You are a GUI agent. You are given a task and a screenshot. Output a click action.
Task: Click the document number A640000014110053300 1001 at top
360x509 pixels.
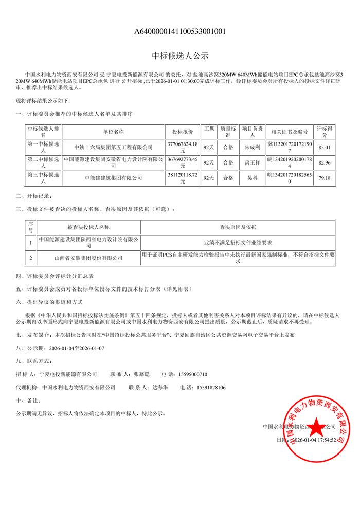click(180, 32)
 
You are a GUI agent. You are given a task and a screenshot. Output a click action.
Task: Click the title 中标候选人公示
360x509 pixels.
click(180, 56)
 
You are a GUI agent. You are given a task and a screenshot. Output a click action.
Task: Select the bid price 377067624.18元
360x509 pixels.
click(183, 147)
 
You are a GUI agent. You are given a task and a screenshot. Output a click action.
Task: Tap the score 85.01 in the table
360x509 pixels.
click(325, 147)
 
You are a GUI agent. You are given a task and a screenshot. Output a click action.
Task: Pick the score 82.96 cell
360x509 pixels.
click(325, 162)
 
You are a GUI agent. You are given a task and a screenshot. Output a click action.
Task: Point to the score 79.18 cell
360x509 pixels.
click(325, 178)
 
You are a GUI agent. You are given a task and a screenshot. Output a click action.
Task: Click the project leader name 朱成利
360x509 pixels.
click(253, 147)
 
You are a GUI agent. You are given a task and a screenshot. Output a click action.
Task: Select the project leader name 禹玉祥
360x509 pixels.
click(253, 162)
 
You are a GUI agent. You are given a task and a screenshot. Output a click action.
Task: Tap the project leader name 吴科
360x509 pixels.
click(253, 178)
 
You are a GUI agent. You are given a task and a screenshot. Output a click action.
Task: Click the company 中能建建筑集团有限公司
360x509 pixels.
click(113, 178)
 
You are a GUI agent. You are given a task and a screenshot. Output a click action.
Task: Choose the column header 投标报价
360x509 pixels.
click(183, 132)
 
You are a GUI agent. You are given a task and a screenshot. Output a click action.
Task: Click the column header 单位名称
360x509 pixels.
click(113, 132)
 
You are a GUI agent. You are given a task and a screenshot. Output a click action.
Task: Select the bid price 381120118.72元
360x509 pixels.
click(183, 178)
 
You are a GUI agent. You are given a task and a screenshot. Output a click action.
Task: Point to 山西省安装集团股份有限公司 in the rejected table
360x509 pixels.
click(88, 258)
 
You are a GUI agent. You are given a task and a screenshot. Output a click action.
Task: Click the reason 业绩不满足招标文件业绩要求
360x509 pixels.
click(238, 242)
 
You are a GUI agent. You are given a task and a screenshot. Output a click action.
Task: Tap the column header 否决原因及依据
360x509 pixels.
click(238, 227)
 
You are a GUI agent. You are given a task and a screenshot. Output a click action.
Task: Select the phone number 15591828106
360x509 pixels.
click(208, 387)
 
